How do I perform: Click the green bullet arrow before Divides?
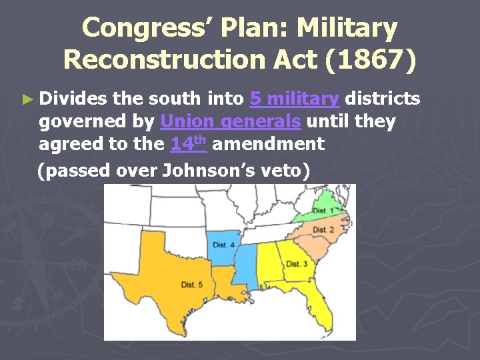click(27, 99)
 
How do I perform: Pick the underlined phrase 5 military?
click(294, 99)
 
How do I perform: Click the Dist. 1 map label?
click(324, 211)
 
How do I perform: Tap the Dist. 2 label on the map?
click(323, 230)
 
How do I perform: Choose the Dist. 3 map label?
click(297, 264)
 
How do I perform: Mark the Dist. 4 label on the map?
click(224, 245)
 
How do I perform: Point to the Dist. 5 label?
click(192, 285)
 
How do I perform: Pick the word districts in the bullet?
click(383, 99)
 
